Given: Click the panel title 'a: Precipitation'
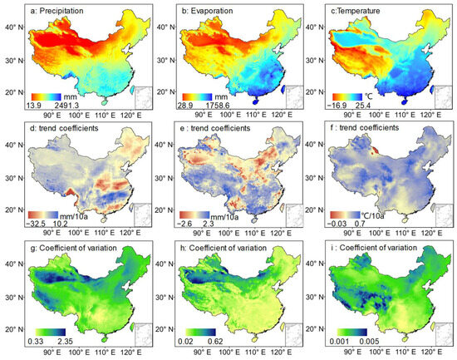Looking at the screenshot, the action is (x=57, y=11).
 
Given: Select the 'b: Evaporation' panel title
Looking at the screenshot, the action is (x=207, y=11).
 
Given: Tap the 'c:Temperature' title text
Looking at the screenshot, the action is (x=354, y=11).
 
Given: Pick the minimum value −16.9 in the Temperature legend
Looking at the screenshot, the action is (x=339, y=105).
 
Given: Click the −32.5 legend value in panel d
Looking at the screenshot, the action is (x=37, y=224).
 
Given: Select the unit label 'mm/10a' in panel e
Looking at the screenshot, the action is (x=224, y=217).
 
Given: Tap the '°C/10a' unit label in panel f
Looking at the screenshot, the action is (x=373, y=216).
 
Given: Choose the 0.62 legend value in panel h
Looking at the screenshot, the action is (x=216, y=342).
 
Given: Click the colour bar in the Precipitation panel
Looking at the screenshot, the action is (x=47, y=96).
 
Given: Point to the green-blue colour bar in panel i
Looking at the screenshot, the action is (x=352, y=333).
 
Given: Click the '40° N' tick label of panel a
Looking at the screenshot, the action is (x=14, y=27).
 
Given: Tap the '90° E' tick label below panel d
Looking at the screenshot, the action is (x=52, y=233).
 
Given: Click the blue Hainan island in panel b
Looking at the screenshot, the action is (x=256, y=102).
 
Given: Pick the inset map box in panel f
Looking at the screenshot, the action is (x=445, y=215).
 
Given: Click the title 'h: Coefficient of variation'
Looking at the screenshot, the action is (x=228, y=248).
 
